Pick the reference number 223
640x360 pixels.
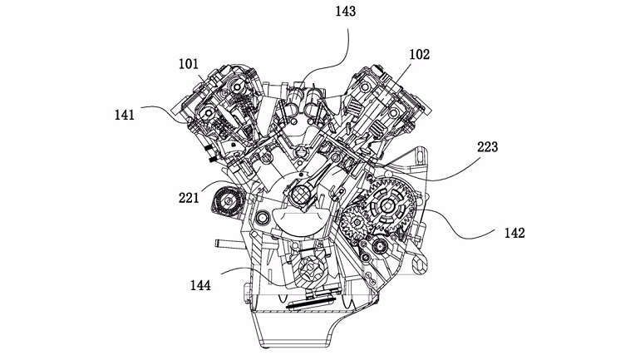(x=487, y=147)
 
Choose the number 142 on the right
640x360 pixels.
(x=514, y=233)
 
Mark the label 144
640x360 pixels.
(x=199, y=285)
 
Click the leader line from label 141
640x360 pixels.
(x=166, y=110)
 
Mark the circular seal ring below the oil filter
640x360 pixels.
(x=263, y=219)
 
